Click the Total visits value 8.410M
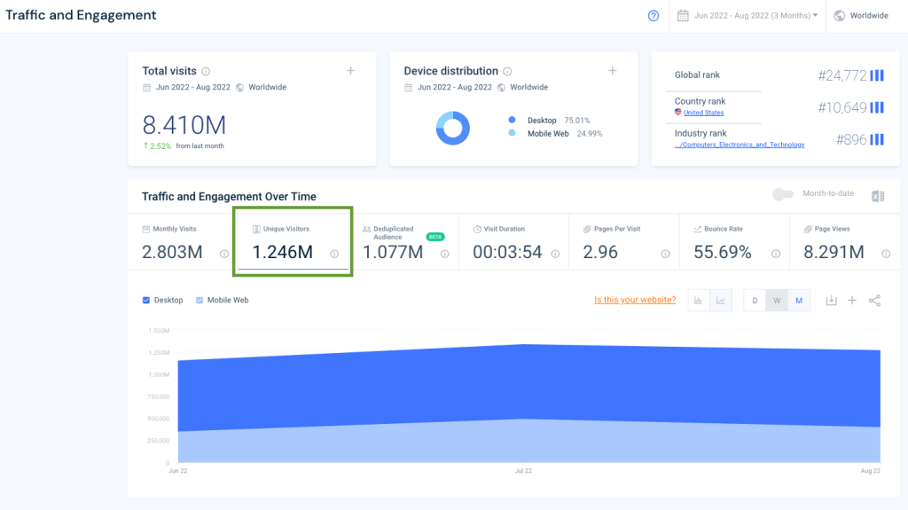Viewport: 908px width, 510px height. [x=184, y=123]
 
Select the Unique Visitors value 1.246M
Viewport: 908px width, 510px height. [x=282, y=252]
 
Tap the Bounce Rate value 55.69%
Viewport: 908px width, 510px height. [x=723, y=252]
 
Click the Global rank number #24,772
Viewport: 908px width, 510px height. [x=841, y=75]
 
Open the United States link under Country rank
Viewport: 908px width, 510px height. [x=703, y=113]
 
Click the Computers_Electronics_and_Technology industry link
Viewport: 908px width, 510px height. [x=740, y=145]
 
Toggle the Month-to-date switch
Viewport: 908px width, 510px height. [x=782, y=194]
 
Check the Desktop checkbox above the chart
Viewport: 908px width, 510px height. [x=146, y=300]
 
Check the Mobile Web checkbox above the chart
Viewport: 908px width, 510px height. [x=200, y=300]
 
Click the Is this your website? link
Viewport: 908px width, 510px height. [x=635, y=300]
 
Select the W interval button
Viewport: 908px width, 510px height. [x=777, y=301]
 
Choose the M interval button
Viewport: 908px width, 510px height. [x=799, y=301]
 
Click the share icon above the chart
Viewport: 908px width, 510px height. [x=874, y=301]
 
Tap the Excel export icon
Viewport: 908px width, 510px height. [x=878, y=196]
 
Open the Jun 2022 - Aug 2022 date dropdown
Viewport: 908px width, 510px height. [x=748, y=15]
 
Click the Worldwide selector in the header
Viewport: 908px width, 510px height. [x=861, y=15]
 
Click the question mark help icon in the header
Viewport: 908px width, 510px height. [x=654, y=15]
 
